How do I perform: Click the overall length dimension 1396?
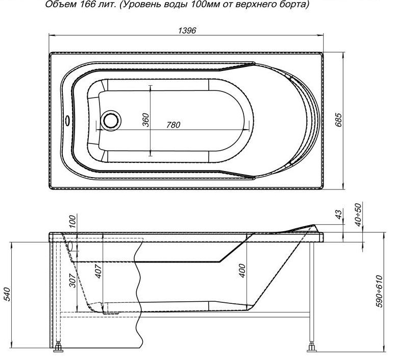187,30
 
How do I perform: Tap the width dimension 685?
338,120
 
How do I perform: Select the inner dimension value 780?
173,125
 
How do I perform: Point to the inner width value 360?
145,120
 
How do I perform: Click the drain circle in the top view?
111,121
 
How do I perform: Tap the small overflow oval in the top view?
67,121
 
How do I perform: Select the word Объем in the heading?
60,4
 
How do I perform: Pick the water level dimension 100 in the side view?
72,221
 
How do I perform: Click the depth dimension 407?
99,271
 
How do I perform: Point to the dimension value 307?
72,280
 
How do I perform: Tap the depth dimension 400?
242,270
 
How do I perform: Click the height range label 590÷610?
379,291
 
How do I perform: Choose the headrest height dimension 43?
338,214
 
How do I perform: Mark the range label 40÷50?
359,214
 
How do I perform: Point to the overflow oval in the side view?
70,246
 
